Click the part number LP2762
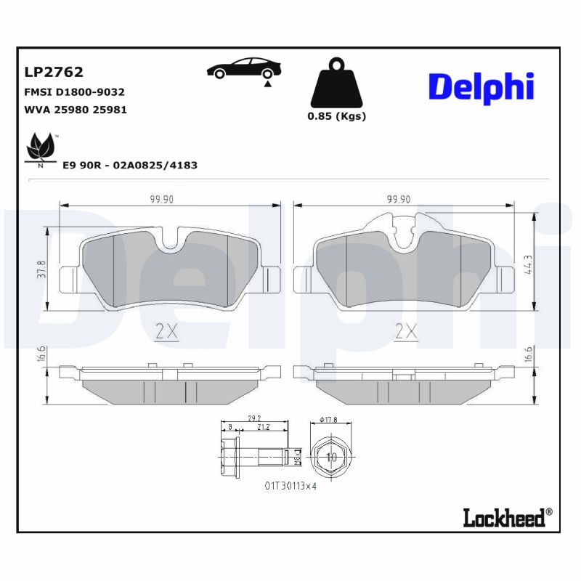pos(54,72)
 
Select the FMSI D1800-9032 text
pos(75,92)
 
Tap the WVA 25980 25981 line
pos(76,110)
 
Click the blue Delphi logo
pos(481,86)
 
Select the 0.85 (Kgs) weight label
pos(336,116)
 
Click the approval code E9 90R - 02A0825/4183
pos(130,165)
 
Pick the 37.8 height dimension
pos(41,269)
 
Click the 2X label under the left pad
pos(166,332)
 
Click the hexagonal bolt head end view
pos(331,458)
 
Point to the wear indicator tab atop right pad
pos(393,222)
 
